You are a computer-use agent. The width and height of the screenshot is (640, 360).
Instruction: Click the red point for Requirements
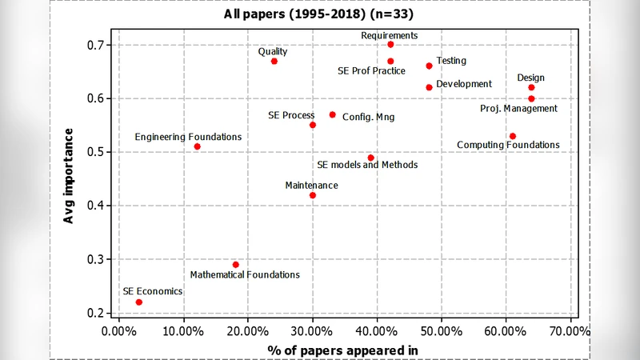point(390,45)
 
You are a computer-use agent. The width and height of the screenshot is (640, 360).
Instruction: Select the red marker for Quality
point(274,61)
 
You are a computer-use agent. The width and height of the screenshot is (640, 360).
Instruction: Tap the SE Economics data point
point(139,302)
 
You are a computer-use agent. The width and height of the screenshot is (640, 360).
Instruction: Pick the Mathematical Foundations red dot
point(236,264)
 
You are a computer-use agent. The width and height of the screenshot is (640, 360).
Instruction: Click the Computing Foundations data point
point(513,136)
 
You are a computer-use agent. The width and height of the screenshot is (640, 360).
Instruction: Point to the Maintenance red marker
point(313,195)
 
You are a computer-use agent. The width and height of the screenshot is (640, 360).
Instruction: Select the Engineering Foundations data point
point(198,146)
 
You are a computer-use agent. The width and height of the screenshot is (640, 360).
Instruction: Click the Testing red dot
point(429,66)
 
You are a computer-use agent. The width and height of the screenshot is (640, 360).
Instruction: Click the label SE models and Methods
point(367,166)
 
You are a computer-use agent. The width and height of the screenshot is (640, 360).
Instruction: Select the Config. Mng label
point(368,117)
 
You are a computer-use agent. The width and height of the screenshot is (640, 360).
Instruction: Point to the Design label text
point(530,78)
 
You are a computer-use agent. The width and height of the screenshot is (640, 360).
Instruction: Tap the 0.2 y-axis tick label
point(99,313)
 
